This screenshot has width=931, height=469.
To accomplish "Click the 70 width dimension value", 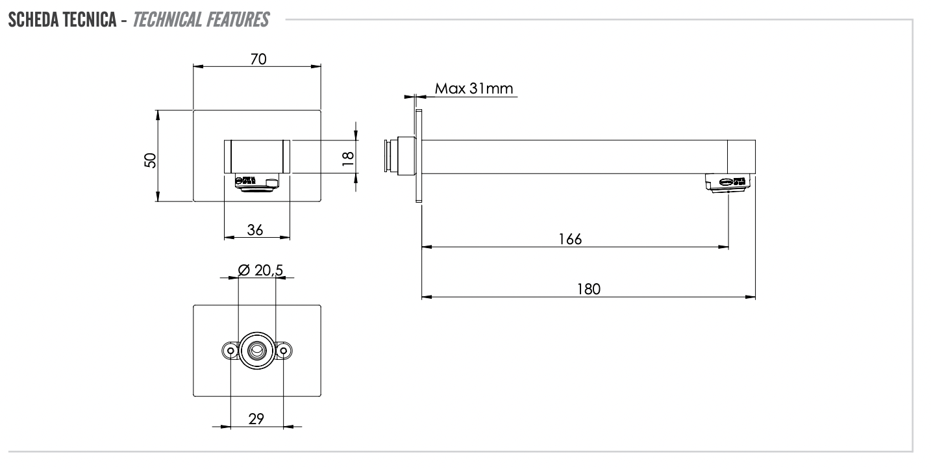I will coord(258,58).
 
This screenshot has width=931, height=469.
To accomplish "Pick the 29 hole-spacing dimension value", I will coord(256,419).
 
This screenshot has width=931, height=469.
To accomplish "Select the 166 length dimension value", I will coord(570,238).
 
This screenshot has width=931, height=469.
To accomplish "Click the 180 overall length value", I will coord(589,289).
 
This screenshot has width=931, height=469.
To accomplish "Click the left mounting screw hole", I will coord(230,350).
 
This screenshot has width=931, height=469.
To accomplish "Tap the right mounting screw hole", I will coord(284,350).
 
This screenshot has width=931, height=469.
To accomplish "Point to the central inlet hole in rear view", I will coord(258,351).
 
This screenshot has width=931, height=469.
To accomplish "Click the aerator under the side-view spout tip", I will coord(728,183).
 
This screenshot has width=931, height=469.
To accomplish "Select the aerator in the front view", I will coord(257,183).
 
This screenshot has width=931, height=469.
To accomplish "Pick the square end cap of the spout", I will coord(741,157).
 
